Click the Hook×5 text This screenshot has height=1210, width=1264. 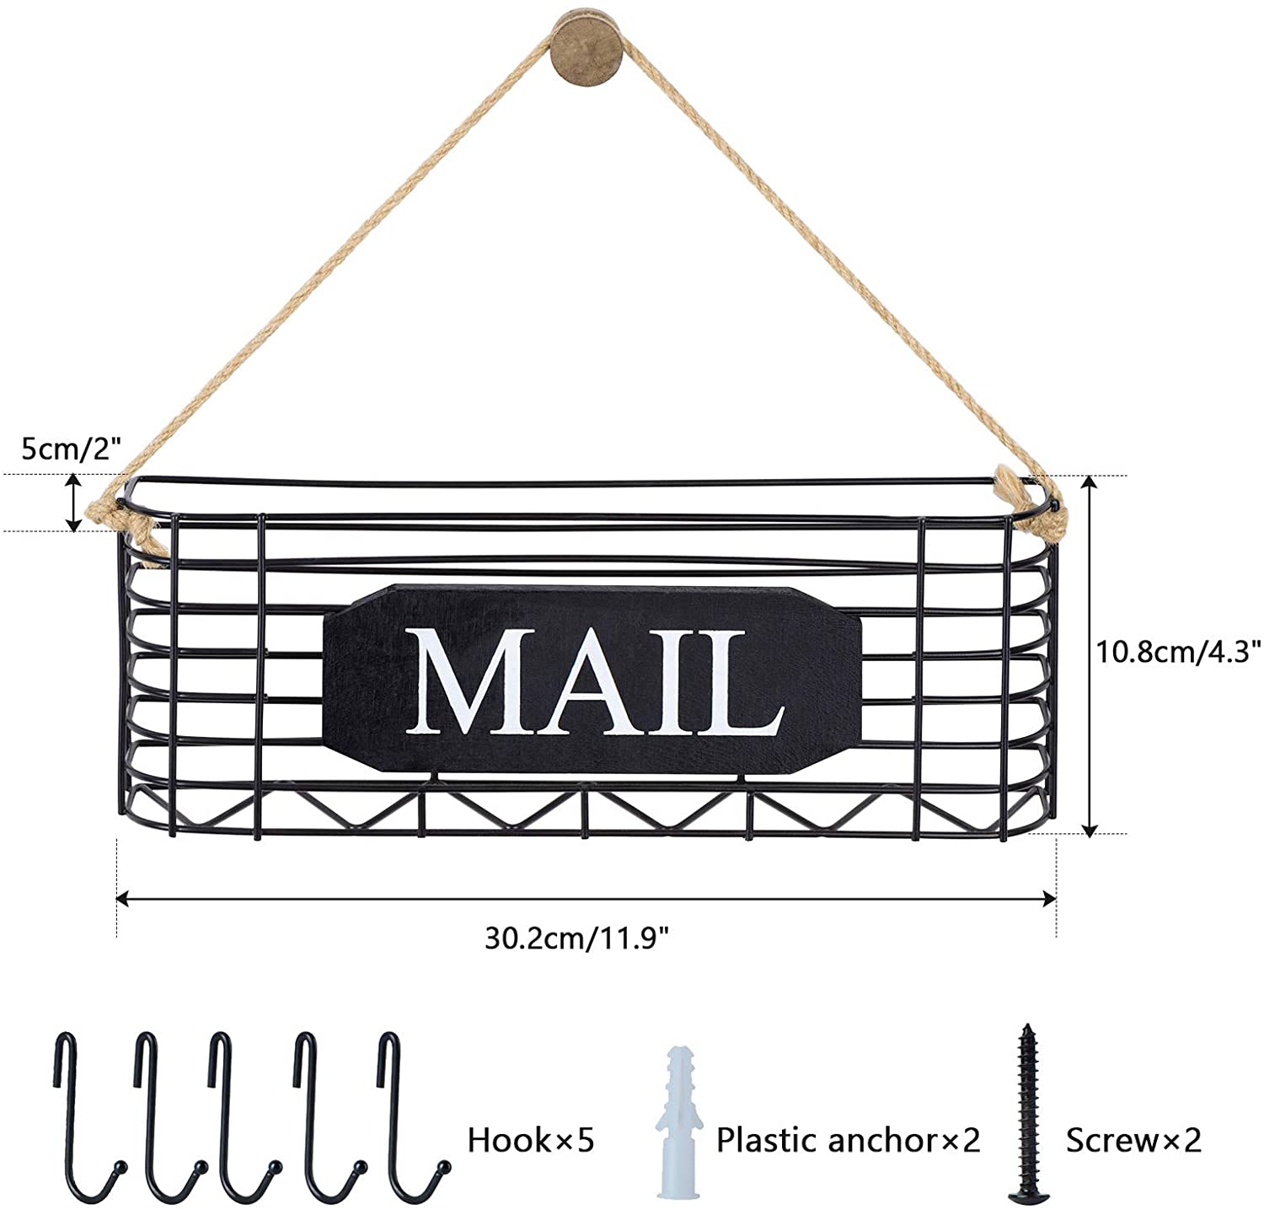point(531,1141)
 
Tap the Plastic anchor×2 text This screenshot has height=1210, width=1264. point(849,1141)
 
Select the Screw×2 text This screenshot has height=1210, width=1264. point(1133,1141)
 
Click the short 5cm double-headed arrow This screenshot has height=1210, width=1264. point(75,503)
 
